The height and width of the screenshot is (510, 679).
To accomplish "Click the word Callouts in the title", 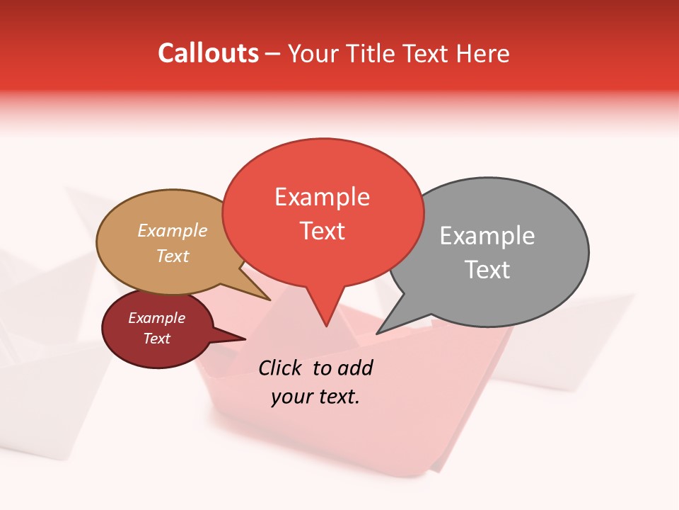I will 208,53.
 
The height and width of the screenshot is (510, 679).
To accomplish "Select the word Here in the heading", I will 482,54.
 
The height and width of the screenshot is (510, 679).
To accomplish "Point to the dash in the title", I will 273,54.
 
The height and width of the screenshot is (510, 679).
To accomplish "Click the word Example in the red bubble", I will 322,197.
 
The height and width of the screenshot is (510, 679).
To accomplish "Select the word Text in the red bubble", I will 322,231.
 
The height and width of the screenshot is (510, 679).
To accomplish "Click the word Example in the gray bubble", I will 487,236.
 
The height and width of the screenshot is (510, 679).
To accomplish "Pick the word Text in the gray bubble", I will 487,270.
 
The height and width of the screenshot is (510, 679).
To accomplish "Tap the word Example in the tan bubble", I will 173,230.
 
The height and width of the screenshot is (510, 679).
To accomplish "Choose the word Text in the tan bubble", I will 173,256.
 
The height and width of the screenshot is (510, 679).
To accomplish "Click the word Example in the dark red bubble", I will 156,318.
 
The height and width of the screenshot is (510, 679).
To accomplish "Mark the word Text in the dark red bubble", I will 156,339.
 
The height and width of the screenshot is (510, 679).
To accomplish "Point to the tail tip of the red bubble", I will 326,325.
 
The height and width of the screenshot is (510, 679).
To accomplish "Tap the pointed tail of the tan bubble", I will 269,300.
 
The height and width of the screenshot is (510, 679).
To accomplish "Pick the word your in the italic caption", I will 291,397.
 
